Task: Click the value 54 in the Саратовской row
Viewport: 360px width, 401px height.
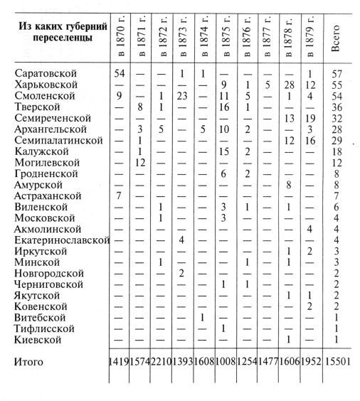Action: (119, 73)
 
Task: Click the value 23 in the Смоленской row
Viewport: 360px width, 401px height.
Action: (181, 95)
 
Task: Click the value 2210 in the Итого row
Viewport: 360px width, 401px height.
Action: (161, 363)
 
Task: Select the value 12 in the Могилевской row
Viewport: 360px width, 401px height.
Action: (140, 162)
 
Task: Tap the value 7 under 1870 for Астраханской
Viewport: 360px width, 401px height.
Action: (119, 196)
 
